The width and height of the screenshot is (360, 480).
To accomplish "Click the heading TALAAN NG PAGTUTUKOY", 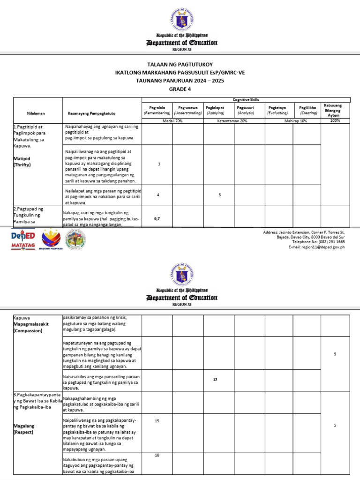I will (180, 64).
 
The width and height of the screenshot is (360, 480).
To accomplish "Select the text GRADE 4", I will (180, 89).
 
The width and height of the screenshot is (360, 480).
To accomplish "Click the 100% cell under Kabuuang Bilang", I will (335, 120).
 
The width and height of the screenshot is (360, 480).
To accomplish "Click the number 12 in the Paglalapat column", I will (215, 380).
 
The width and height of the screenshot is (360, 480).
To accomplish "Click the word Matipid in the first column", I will (22, 158).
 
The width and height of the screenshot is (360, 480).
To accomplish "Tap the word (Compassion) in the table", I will (28, 330).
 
